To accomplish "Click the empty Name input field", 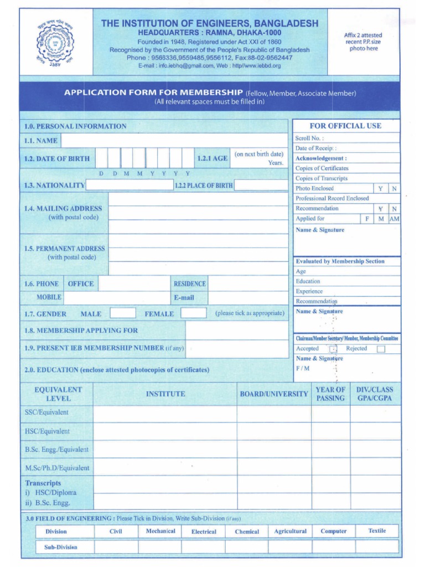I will tap(174, 141).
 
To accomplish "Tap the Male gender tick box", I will tap(122, 313).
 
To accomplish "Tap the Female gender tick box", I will tap(194, 313).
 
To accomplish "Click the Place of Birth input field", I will tap(261, 185).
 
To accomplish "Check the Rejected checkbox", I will tap(381, 349).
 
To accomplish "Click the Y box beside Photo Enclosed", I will tap(381, 189).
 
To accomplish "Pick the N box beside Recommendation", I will tap(395, 209).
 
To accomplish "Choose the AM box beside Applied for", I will tap(395, 219).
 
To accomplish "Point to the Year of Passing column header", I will tap(330, 394).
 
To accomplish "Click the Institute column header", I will tap(165, 394).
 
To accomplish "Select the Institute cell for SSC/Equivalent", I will tap(165, 413).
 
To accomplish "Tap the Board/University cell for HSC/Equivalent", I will tap(274, 431).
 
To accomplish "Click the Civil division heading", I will tap(116, 532).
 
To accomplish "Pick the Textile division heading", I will tap(377, 531).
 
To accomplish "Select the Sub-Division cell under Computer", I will tap(334, 547).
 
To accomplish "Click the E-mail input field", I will tap(248, 297).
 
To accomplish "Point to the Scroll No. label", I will tap(310, 138).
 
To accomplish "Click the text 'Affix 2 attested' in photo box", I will tap(363, 35).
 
